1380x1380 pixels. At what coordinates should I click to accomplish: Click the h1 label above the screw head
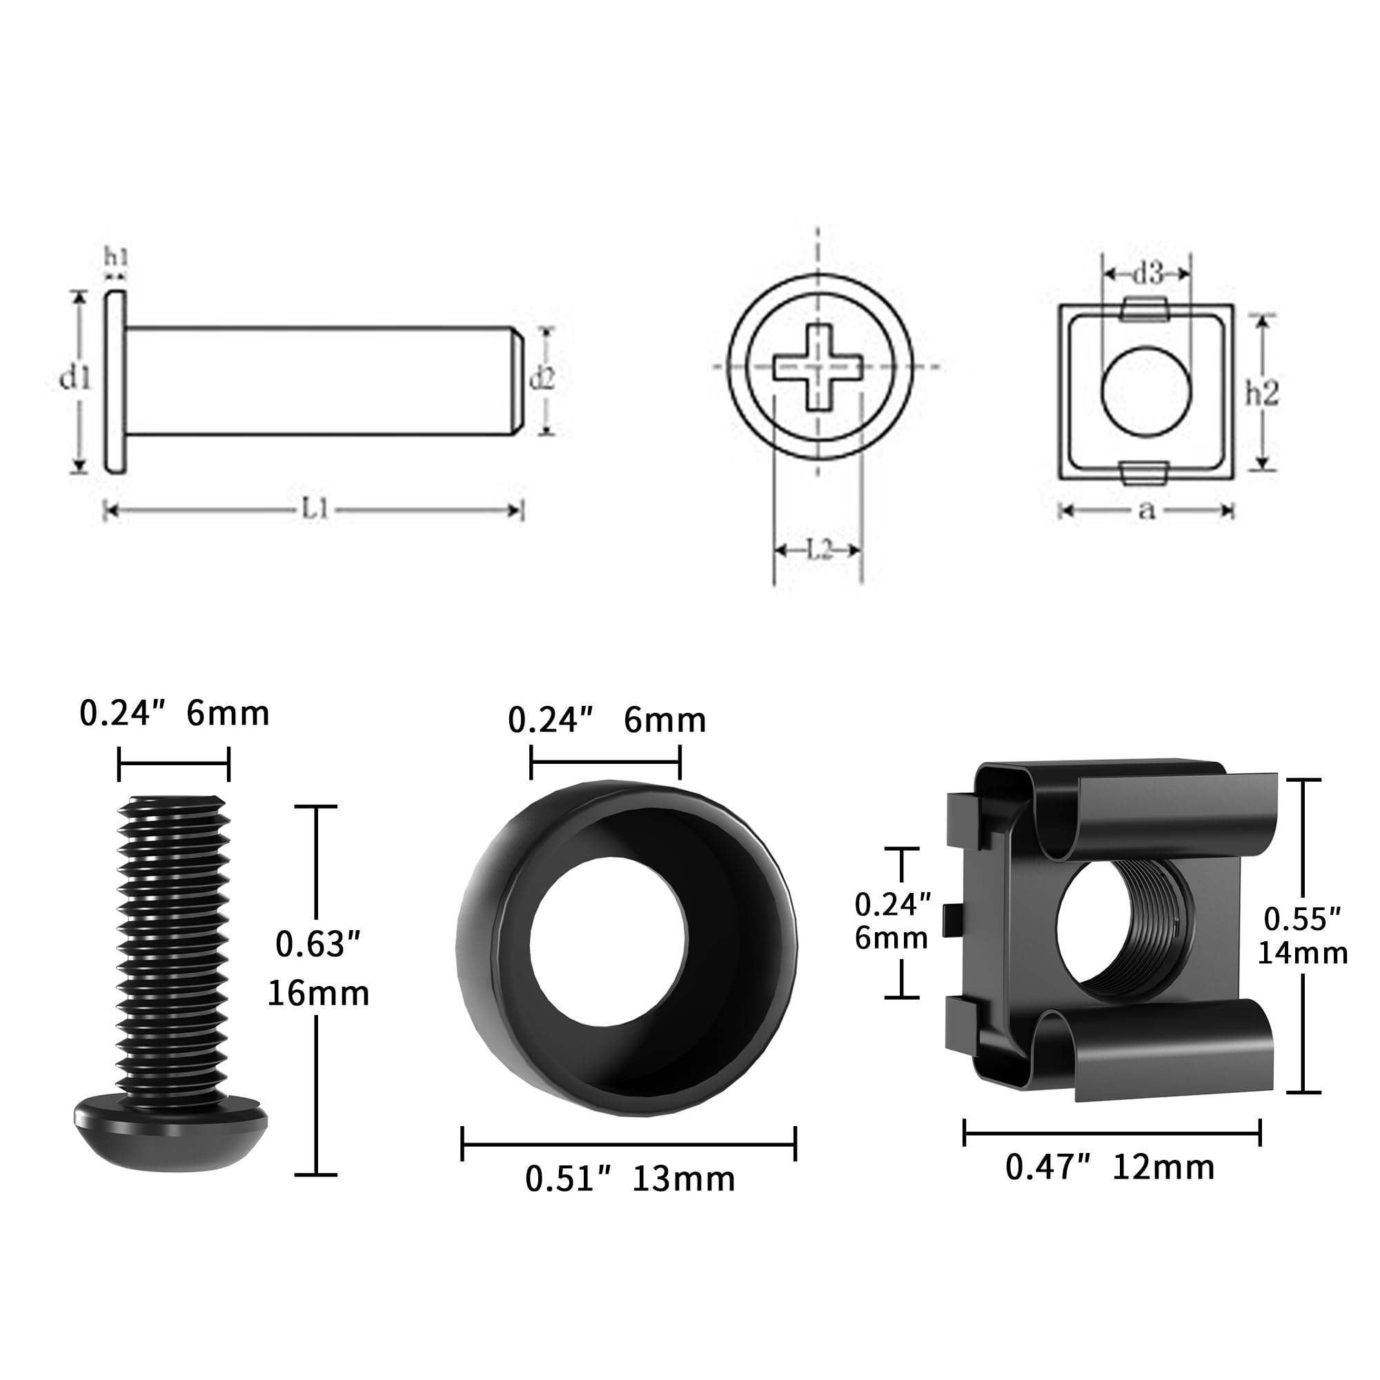[116, 257]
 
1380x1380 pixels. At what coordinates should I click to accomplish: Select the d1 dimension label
[75, 378]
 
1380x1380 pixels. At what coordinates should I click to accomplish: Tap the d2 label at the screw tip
[542, 379]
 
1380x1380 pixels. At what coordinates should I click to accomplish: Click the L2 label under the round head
[819, 549]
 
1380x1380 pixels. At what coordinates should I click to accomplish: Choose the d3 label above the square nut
[1148, 273]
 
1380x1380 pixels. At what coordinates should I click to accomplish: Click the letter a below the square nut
[1145, 509]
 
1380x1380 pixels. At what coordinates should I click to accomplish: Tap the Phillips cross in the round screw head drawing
[818, 367]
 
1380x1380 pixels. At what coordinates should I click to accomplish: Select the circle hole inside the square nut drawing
[1145, 391]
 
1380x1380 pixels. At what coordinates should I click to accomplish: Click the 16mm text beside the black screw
[318, 994]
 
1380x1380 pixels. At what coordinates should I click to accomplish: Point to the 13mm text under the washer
[684, 1179]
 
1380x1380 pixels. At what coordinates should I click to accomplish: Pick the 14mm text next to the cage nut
[1302, 953]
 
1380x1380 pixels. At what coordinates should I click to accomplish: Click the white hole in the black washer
[608, 940]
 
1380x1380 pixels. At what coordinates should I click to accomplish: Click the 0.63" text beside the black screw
[318, 945]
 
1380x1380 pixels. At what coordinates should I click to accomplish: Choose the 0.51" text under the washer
[569, 1179]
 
